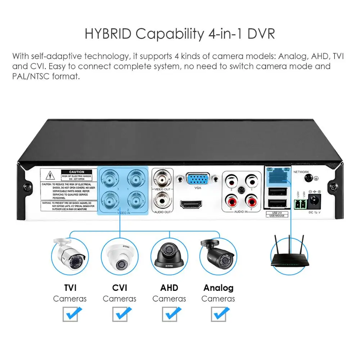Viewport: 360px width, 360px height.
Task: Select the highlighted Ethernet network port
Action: (x=276, y=174)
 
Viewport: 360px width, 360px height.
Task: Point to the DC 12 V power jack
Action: (x=314, y=201)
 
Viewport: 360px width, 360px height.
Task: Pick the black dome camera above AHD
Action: (x=169, y=256)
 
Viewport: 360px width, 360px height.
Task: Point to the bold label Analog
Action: (x=218, y=288)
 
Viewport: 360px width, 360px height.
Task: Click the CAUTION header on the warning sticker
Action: (x=77, y=172)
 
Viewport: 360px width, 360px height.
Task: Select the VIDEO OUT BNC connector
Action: (x=162, y=178)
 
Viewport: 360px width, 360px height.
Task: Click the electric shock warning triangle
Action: (x=50, y=176)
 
